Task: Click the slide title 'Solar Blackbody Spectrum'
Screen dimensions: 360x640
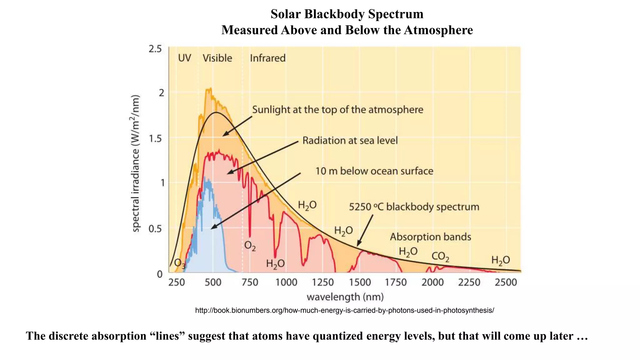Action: (347, 14)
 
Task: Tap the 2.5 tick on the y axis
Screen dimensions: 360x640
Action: (155, 49)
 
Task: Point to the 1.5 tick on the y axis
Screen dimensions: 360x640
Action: (155, 138)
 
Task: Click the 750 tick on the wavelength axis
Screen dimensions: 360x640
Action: (250, 282)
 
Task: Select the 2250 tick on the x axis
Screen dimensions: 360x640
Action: (469, 282)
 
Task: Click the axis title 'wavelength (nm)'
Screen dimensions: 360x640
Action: (345, 297)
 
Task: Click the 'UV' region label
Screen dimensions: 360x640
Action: (184, 58)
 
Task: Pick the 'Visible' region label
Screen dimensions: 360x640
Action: (217, 58)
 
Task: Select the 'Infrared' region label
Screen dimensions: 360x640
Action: (267, 58)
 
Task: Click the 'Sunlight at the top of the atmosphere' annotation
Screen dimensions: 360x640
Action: (337, 110)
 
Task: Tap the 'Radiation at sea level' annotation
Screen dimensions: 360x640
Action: (350, 141)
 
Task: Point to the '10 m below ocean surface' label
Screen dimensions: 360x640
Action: (374, 171)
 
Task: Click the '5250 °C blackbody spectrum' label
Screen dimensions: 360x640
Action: (414, 207)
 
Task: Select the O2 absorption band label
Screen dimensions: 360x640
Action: (250, 246)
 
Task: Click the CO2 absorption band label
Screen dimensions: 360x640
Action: (440, 257)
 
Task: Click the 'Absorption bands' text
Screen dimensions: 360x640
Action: (430, 237)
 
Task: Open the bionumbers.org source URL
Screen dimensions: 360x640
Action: (344, 310)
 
